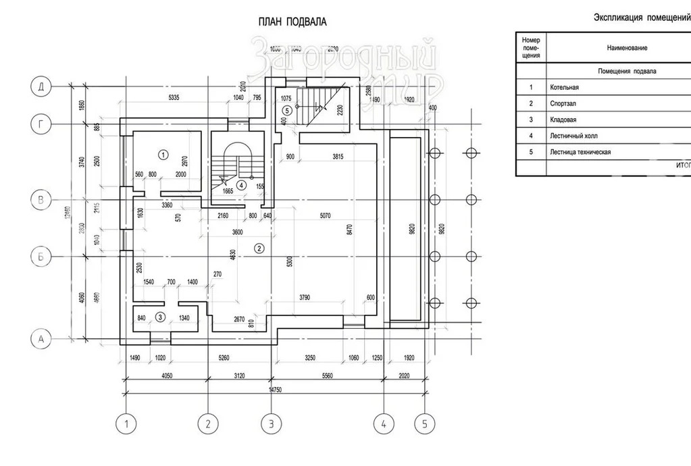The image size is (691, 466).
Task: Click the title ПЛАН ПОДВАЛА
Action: (292, 22)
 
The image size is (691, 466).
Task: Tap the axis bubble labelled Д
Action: (42, 86)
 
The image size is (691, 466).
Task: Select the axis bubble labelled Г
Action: (42, 124)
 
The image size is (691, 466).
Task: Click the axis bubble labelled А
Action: (42, 340)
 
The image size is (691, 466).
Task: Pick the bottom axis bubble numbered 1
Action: (125, 424)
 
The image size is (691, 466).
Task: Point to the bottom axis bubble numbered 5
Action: (424, 424)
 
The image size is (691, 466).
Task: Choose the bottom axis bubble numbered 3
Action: (271, 424)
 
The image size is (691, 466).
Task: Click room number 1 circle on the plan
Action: (163, 154)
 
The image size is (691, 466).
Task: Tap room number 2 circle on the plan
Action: (259, 249)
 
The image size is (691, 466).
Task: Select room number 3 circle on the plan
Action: (160, 316)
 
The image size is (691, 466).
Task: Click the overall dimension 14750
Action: (274, 390)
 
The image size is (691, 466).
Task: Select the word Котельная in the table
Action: (564, 87)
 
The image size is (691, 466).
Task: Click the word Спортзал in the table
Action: (563, 103)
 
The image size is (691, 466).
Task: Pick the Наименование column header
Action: (627, 48)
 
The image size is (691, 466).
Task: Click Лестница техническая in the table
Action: (580, 152)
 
